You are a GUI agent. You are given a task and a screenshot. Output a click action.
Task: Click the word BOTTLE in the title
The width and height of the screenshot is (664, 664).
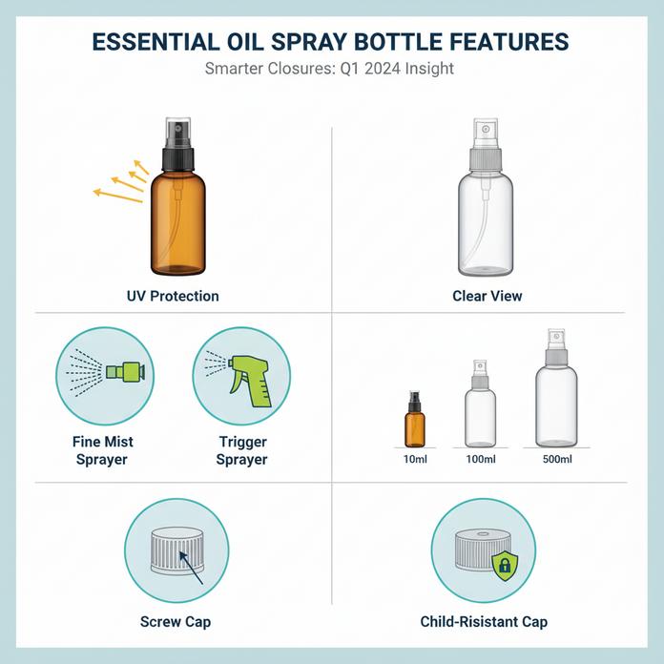coord(397,42)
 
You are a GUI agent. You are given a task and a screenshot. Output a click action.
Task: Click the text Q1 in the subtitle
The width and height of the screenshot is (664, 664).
coord(350,68)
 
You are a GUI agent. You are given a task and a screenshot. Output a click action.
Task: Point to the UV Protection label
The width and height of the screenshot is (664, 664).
coord(173,296)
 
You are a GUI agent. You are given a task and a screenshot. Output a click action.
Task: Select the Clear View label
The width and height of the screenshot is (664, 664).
coord(487,296)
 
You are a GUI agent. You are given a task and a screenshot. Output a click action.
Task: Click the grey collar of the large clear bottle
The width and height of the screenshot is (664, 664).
coord(486,159)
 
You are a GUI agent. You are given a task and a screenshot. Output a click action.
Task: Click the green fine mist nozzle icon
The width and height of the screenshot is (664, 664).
coord(125,371)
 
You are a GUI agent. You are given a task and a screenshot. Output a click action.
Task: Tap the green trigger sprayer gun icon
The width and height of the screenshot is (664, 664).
coord(250,376)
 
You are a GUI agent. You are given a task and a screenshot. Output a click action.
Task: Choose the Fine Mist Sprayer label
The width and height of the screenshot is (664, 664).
coord(102,450)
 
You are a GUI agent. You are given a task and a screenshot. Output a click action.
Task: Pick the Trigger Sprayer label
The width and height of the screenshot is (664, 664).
coord(241,450)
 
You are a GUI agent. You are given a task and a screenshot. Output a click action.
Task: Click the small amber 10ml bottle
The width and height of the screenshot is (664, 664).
coord(415,419)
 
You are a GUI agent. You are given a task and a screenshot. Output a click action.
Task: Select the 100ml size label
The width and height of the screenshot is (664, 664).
coord(481,459)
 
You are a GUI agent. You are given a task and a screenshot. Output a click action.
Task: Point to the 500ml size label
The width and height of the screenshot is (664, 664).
coord(557,459)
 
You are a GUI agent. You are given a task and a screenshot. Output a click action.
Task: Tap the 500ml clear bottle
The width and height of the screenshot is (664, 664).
coord(556,388)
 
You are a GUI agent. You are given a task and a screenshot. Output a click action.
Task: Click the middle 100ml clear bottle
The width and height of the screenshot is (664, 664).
coord(480,404)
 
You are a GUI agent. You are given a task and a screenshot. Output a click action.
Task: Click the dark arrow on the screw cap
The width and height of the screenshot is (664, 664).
coord(191,568)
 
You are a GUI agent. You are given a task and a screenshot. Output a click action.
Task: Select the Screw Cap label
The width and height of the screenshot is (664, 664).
coord(176,622)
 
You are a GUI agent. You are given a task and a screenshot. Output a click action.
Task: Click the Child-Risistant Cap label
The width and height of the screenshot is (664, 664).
coord(484,622)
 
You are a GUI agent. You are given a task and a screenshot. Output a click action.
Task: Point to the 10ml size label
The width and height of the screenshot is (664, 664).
coord(415,459)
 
